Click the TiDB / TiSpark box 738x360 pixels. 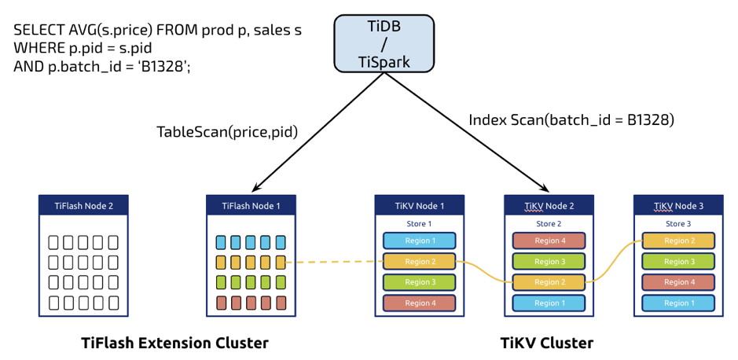click(x=384, y=44)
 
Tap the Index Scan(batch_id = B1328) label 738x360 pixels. click(x=571, y=120)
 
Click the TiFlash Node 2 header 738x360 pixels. click(x=83, y=206)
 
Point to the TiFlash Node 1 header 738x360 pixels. click(x=252, y=206)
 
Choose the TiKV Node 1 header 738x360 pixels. click(x=420, y=206)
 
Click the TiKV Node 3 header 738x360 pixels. click(x=677, y=206)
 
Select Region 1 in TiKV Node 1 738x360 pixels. click(x=420, y=241)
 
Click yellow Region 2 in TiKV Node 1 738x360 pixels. click(x=420, y=262)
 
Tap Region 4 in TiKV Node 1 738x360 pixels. click(x=420, y=303)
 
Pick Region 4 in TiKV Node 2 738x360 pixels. click(x=549, y=241)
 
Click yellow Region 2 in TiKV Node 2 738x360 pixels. click(x=549, y=282)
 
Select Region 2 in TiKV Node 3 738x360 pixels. click(x=677, y=241)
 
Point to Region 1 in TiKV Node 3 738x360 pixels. click(x=677, y=303)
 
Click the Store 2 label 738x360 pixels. click(x=549, y=224)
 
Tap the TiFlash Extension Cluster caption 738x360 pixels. click(x=174, y=343)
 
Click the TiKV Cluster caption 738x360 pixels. click(x=547, y=343)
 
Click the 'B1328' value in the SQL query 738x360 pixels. click(x=163, y=67)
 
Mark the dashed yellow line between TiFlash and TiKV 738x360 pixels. click(x=334, y=262)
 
